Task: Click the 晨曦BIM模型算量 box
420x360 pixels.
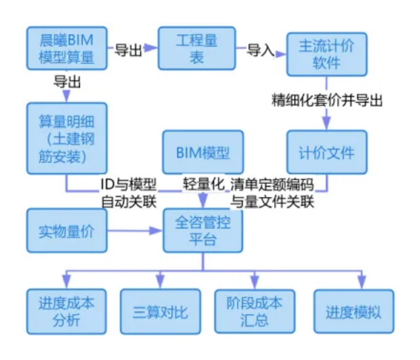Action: [66, 48]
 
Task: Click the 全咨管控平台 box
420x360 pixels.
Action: [203, 231]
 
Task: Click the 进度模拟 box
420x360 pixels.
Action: [353, 312]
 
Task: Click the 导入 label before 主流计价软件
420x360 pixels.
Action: [260, 50]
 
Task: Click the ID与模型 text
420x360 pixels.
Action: [128, 183]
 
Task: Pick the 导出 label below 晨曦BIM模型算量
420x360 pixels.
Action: [67, 82]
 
